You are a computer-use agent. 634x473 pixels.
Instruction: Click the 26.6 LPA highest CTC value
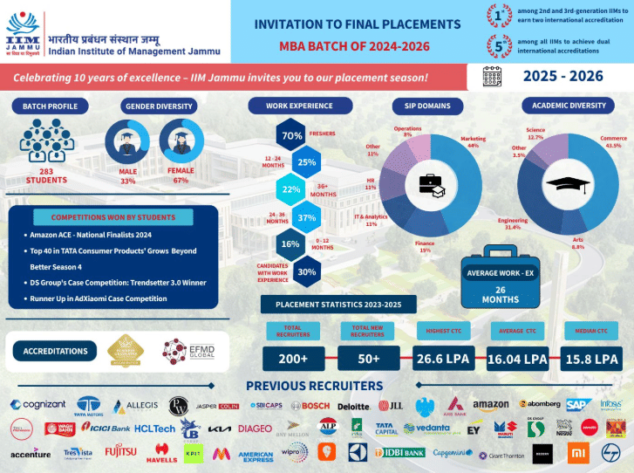pos(444,359)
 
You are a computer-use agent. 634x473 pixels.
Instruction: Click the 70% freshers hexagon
pos(291,135)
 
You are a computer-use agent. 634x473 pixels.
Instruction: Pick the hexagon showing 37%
pos(306,217)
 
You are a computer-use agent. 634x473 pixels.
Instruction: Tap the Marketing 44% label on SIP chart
pos(474,142)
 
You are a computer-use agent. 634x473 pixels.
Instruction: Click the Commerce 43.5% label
pos(614,142)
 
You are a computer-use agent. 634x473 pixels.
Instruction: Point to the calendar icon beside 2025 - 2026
pos(491,76)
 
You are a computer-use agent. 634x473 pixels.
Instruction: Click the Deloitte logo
pos(353,405)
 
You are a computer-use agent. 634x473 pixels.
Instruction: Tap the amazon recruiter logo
pos(490,405)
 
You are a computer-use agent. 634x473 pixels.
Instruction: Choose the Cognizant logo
pos(39,405)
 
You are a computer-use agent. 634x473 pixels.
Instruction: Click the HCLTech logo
pos(156,428)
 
